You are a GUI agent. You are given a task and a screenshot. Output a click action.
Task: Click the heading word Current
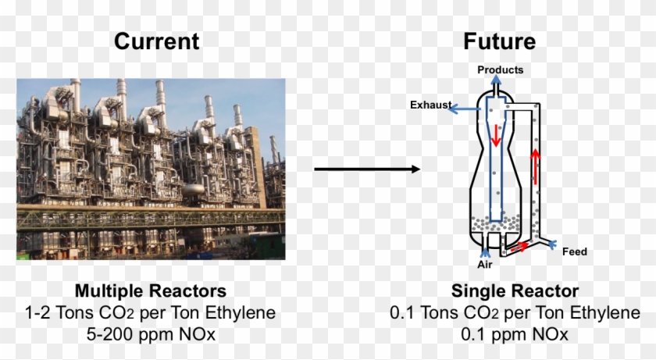(156, 41)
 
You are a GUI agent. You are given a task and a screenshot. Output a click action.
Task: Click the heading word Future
(500, 41)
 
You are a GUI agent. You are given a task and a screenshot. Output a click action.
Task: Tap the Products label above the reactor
(500, 70)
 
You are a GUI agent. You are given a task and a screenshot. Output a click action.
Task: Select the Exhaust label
(430, 104)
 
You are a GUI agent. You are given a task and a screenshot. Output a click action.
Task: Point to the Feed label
(575, 251)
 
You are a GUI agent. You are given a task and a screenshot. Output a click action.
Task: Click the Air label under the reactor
(486, 265)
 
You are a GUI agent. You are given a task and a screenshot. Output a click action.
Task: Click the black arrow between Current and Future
(367, 169)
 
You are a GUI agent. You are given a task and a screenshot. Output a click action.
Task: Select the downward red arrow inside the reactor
(497, 137)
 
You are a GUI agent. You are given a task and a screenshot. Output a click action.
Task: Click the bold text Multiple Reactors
(151, 291)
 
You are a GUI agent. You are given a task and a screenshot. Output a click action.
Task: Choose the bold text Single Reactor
(515, 291)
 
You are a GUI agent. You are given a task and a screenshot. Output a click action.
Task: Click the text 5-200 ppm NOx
(151, 333)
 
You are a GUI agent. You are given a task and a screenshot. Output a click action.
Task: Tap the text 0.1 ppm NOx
(515, 333)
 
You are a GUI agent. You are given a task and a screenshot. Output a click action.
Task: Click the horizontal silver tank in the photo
(192, 190)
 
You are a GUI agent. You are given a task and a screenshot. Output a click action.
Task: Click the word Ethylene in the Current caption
(240, 312)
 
